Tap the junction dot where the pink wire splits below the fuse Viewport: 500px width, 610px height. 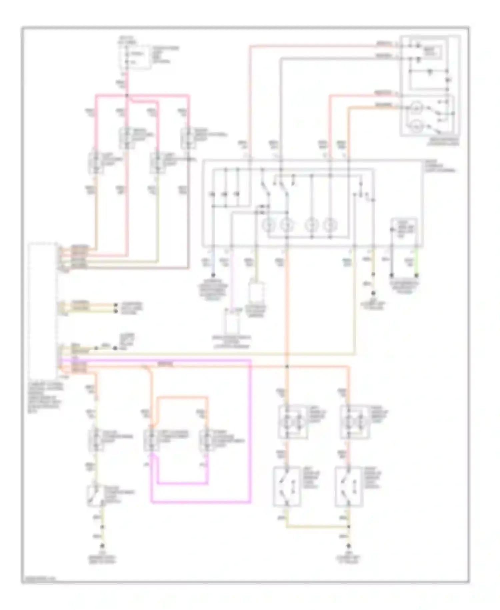click(127, 96)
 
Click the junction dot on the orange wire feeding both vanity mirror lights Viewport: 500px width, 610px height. click(287, 367)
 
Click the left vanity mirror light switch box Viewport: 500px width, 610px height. click(287, 486)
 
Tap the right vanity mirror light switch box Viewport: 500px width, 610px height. click(349, 486)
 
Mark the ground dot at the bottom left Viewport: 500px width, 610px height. click(102, 546)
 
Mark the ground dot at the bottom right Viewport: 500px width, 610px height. click(349, 546)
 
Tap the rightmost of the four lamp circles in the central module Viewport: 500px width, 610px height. click(330, 225)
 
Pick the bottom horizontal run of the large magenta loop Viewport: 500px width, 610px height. click(200, 502)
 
